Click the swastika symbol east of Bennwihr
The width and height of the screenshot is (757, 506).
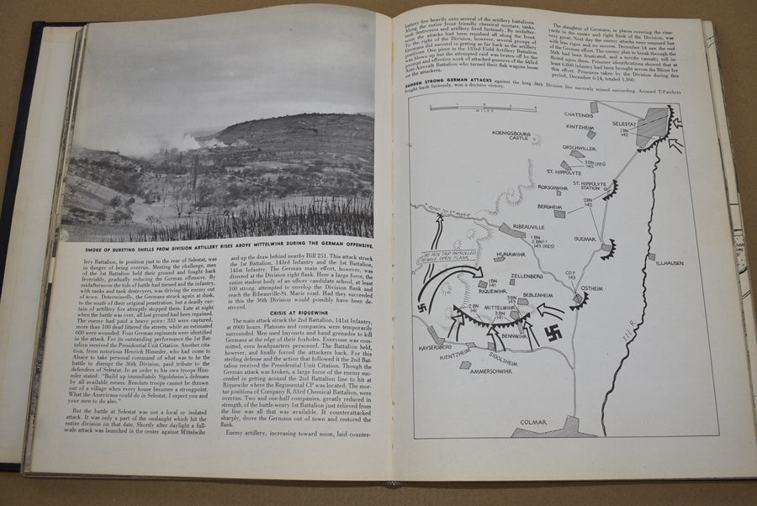(556, 330)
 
